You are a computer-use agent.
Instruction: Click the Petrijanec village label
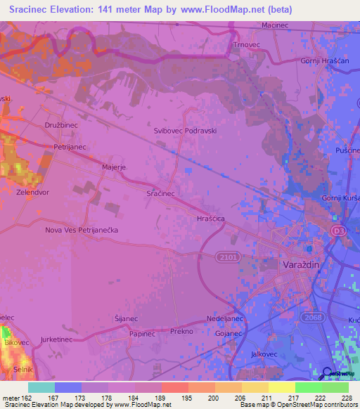(69, 147)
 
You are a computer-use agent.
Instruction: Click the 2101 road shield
(224, 257)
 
